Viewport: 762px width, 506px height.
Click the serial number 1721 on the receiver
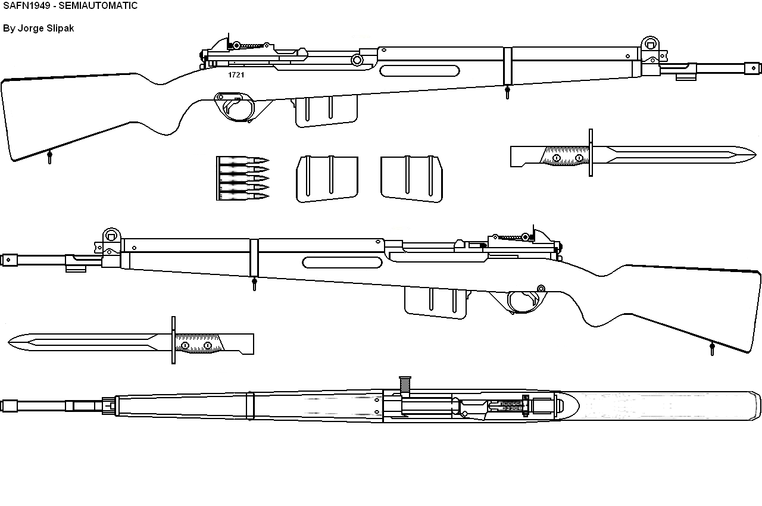tap(236, 75)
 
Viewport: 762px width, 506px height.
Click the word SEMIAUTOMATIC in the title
tap(98, 6)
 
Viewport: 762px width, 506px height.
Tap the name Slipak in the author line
tap(60, 28)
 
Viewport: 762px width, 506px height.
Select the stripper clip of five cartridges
tap(242, 178)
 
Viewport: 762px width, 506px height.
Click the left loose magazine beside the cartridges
tap(327, 179)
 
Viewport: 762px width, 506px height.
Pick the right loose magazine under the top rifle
tap(411, 179)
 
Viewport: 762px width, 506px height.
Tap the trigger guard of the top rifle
tap(235, 107)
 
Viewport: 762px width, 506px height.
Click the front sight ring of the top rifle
tap(650, 45)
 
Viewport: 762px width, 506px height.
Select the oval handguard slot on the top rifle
tap(420, 71)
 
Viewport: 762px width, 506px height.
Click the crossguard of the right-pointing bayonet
tap(591, 152)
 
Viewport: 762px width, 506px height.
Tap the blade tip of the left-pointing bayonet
tap(8, 342)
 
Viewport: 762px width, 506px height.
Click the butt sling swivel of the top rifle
tap(49, 157)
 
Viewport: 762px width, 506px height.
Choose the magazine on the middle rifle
tap(435, 302)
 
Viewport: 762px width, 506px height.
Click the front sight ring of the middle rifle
tap(111, 236)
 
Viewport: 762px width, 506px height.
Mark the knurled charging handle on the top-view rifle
tap(405, 385)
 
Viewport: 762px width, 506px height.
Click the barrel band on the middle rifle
tap(254, 258)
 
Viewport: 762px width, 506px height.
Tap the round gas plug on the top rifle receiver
tap(357, 60)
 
